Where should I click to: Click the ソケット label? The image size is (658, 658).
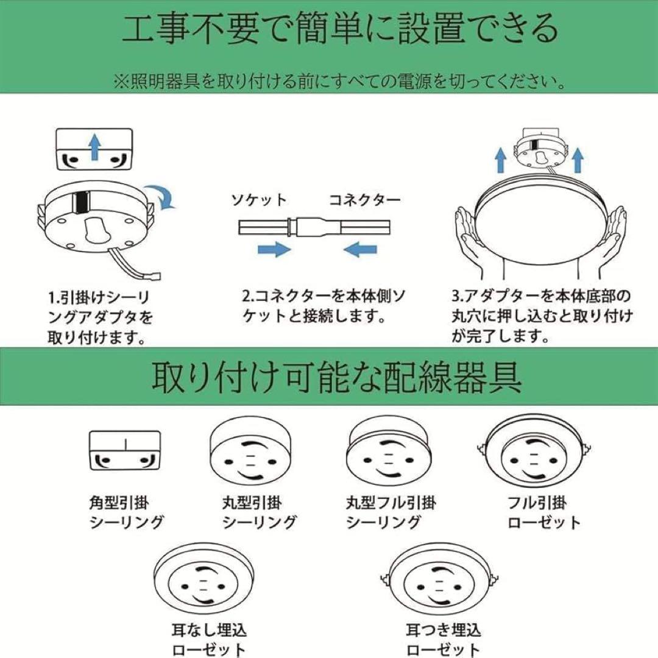pyautogui.click(x=258, y=199)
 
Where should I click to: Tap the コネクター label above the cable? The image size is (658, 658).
pyautogui.click(x=365, y=199)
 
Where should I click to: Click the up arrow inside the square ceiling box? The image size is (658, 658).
pyautogui.click(x=93, y=147)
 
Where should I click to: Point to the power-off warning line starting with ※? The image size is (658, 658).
pyautogui.click(x=339, y=82)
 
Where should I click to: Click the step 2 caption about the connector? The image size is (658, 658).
pyautogui.click(x=324, y=306)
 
